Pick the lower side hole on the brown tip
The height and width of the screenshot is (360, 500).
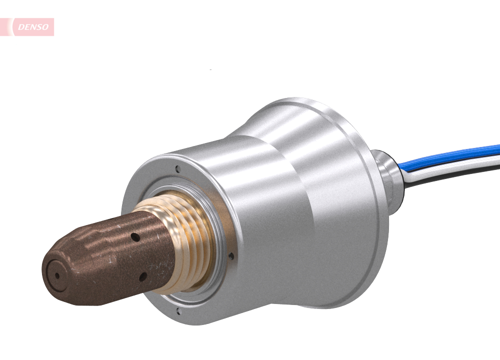pos(143,274)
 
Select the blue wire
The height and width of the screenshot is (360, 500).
pos(450,154)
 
